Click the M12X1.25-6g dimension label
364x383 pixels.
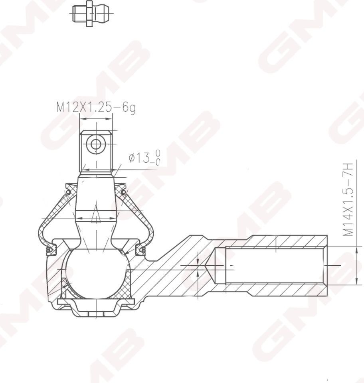click(95, 107)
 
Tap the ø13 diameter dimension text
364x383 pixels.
click(144, 158)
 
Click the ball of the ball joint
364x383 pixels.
click(97, 274)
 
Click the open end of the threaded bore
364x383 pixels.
click(324, 265)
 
